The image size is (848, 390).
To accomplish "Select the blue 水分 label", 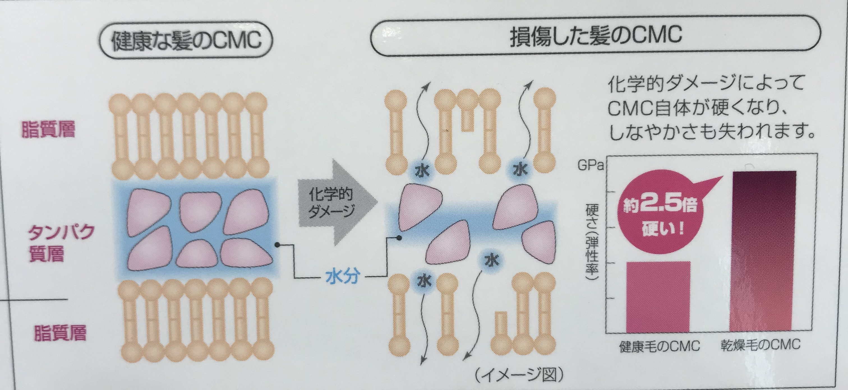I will [x=342, y=278].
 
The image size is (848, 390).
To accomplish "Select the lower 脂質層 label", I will [x=60, y=333].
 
